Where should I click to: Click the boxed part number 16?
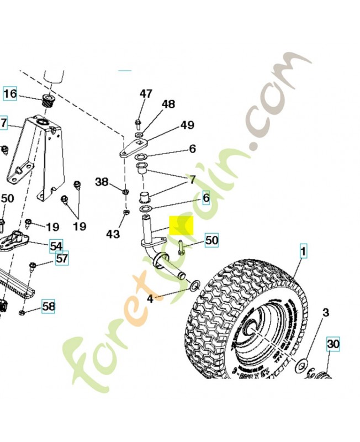pyautogui.click(x=10, y=93)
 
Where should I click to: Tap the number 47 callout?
pyautogui.click(x=146, y=94)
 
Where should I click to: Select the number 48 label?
pyautogui.click(x=168, y=104)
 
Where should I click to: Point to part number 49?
pyautogui.click(x=187, y=125)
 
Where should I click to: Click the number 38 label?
pyautogui.click(x=102, y=182)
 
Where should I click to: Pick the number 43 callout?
pyautogui.click(x=113, y=234)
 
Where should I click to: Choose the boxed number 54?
pyautogui.click(x=56, y=245)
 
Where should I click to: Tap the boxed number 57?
pyautogui.click(x=62, y=257)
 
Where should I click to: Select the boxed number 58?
pyautogui.click(x=49, y=306)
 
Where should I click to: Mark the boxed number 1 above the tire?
pyautogui.click(x=303, y=251)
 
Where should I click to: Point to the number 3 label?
pyautogui.click(x=326, y=313)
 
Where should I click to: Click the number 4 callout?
pyautogui.click(x=150, y=299)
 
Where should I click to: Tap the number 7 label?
pyautogui.click(x=192, y=180)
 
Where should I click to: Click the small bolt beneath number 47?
pyautogui.click(x=137, y=122)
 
